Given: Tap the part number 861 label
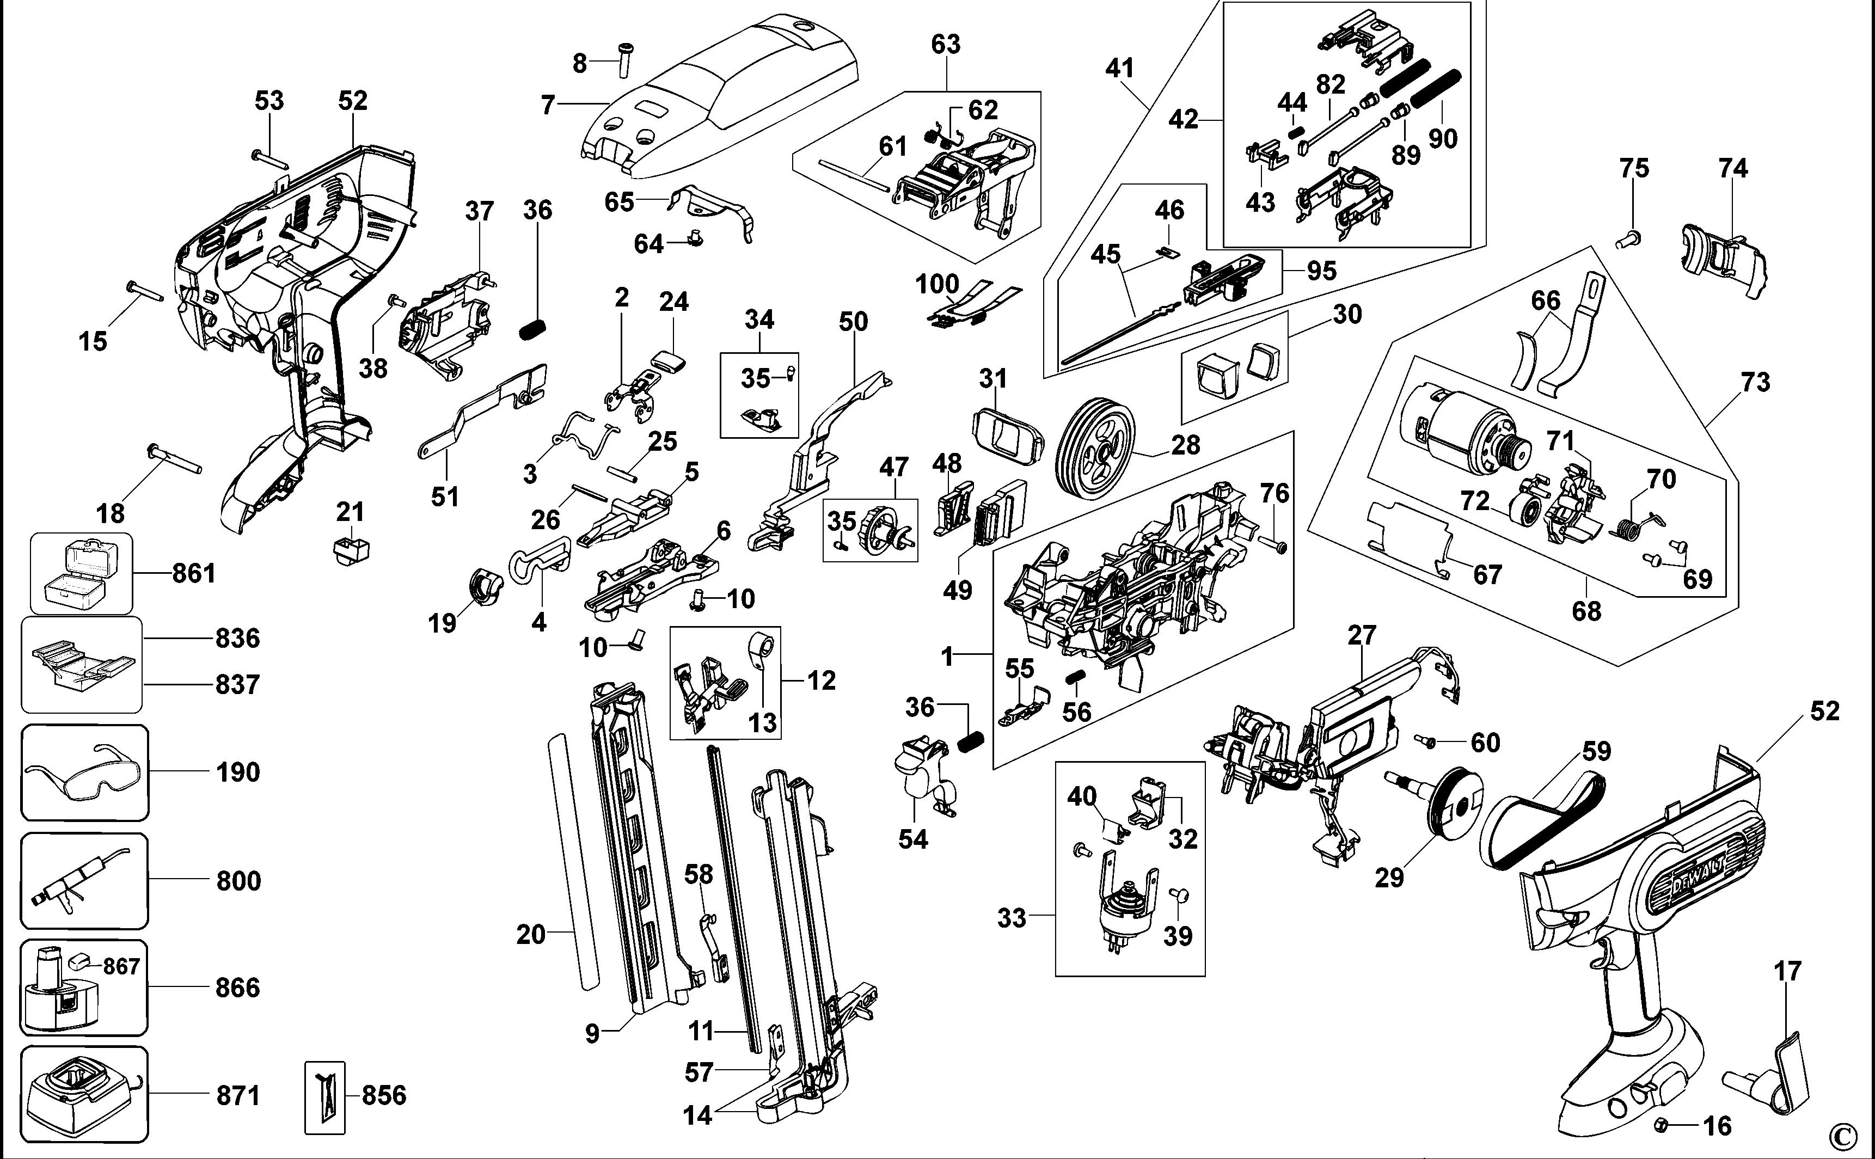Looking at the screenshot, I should [194, 573].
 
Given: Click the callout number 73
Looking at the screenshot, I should [1755, 382].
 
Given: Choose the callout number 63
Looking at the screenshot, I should [945, 45].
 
